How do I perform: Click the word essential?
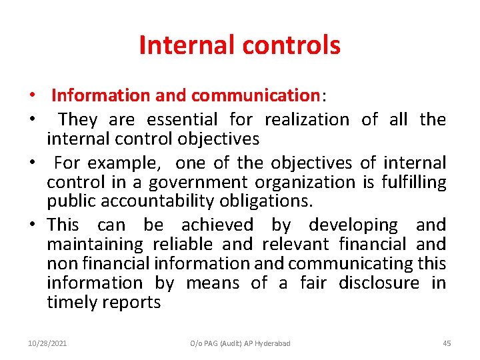point(182,120)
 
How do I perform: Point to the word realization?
point(307,120)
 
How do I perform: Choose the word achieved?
point(217,225)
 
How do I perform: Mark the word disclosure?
point(379,283)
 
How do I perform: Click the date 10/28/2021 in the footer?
point(47,343)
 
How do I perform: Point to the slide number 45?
point(447,343)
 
